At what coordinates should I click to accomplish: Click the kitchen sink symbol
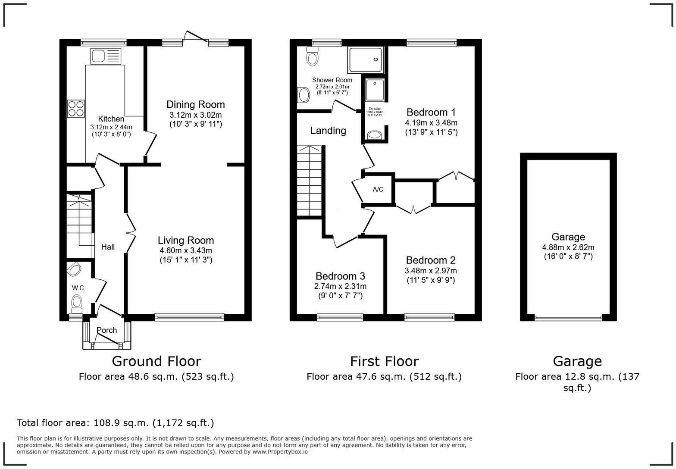[106, 56]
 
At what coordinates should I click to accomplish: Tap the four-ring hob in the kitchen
[76, 108]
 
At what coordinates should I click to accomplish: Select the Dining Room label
[195, 104]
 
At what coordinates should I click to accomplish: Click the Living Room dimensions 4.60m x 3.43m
[185, 250]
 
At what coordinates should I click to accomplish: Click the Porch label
[106, 330]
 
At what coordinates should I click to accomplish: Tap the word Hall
[108, 247]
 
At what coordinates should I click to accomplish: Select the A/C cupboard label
[378, 190]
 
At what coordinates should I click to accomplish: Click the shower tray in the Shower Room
[366, 60]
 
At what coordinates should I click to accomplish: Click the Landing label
[328, 131]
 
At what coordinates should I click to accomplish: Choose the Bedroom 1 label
[431, 113]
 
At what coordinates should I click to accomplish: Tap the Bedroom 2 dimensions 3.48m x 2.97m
[430, 271]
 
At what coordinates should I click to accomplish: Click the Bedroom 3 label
[340, 276]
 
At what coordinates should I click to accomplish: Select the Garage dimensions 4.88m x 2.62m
[568, 247]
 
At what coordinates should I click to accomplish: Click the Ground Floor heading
[156, 361]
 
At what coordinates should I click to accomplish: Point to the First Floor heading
[384, 361]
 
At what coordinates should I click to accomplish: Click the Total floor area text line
[115, 423]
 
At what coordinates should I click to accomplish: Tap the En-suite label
[374, 109]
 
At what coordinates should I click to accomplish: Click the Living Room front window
[190, 318]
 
